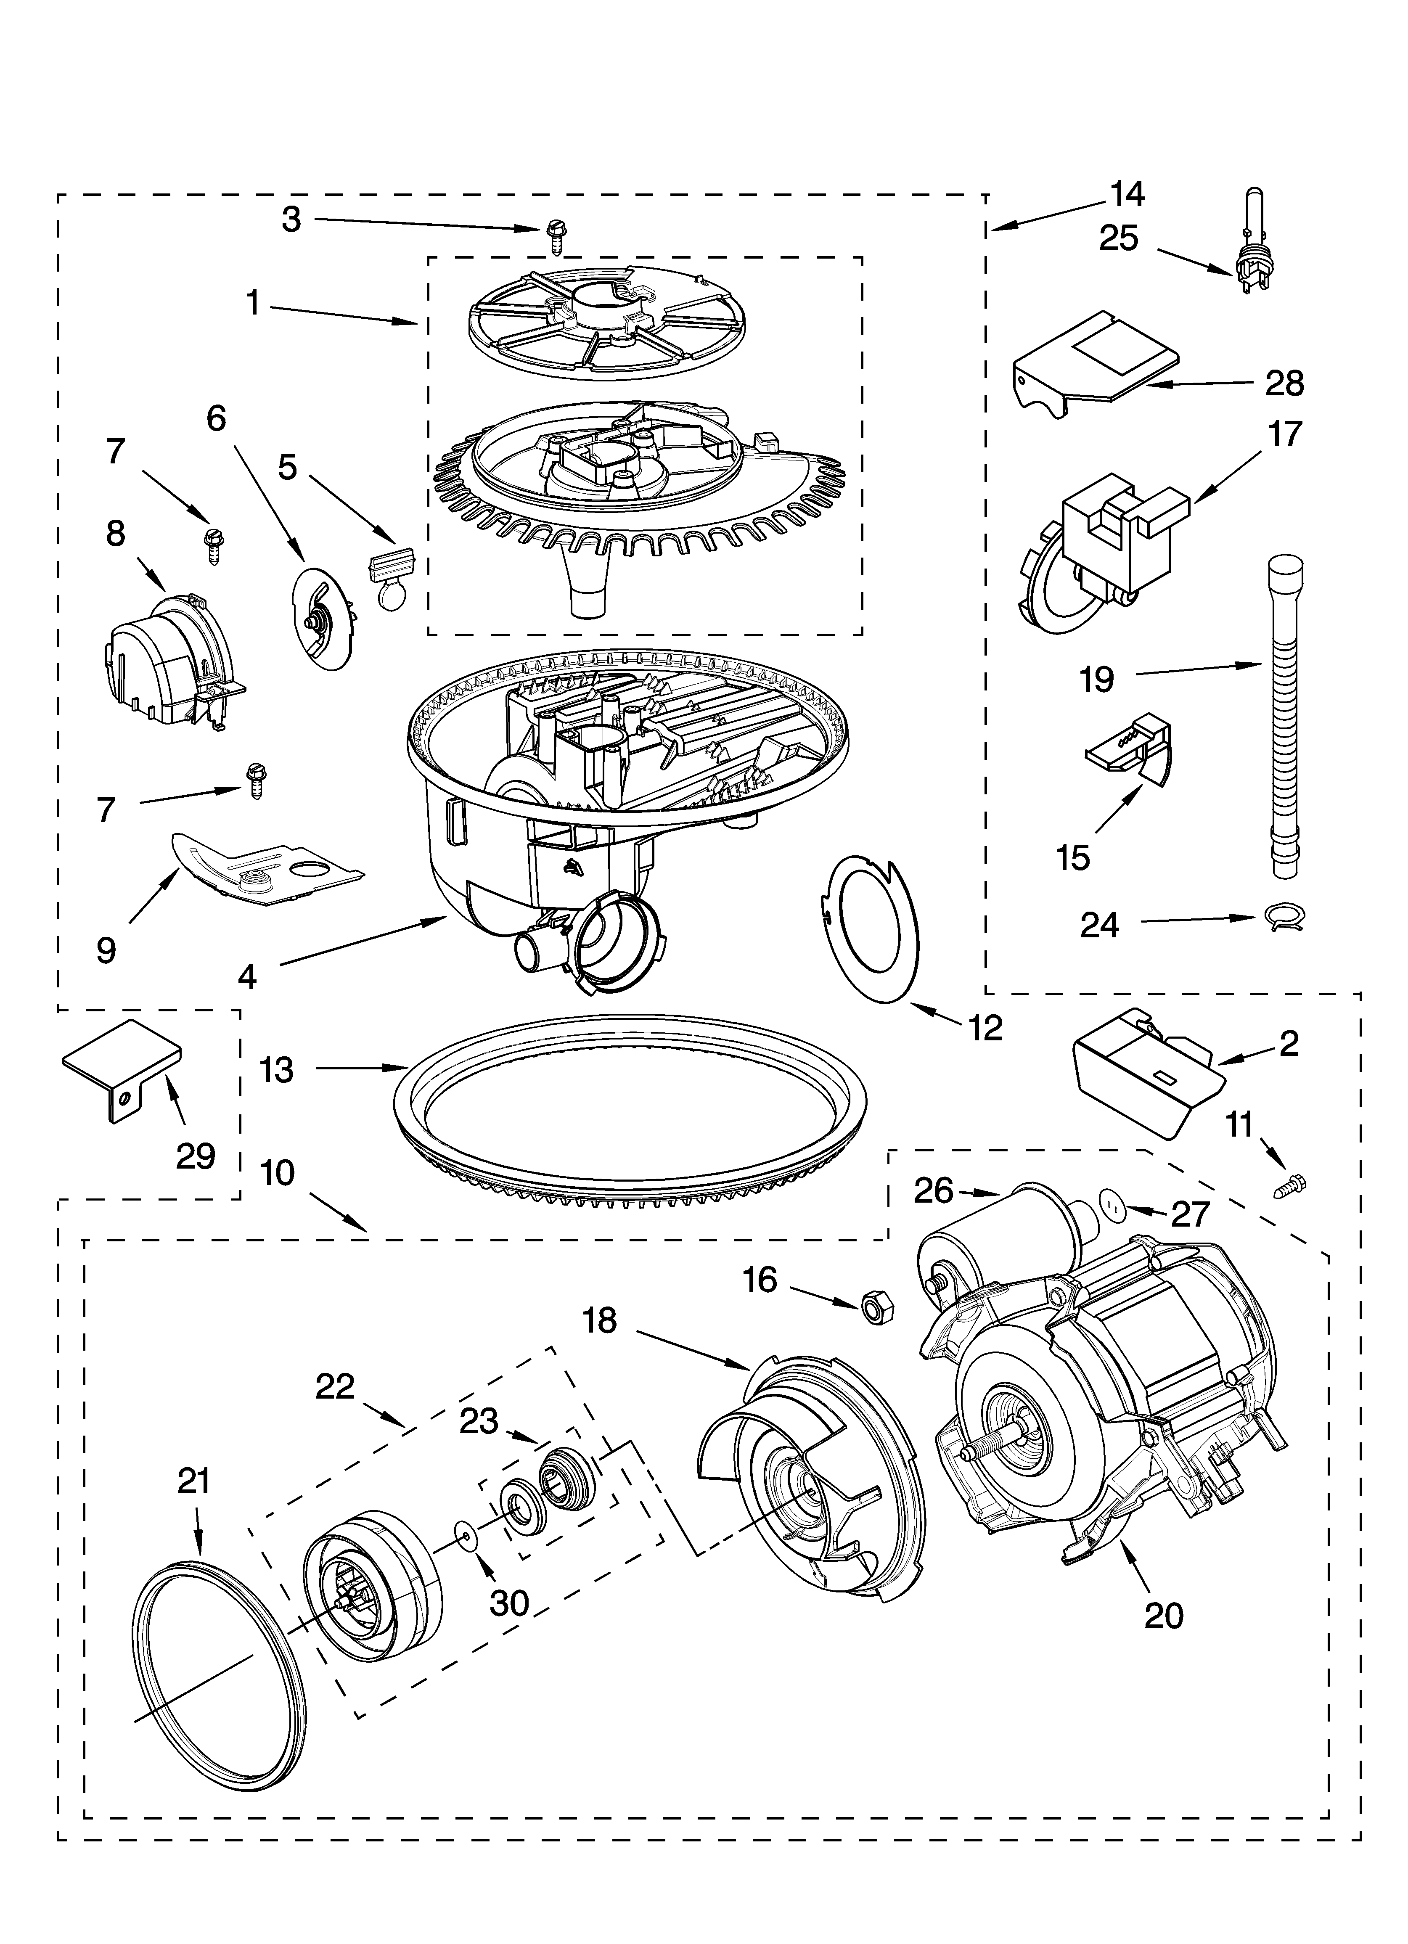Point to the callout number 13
coord(276,1070)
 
